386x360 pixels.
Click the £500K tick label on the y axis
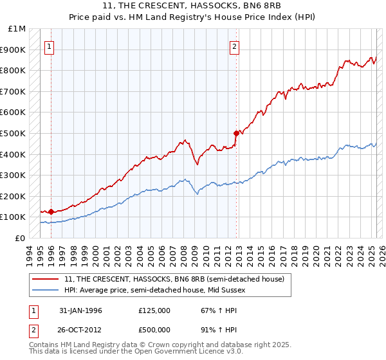point(13,133)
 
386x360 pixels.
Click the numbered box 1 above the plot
point(50,46)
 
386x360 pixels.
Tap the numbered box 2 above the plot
point(235,46)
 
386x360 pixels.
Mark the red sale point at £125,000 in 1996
point(51,212)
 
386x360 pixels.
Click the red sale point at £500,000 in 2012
point(236,133)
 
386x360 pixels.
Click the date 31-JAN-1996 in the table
point(80,310)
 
